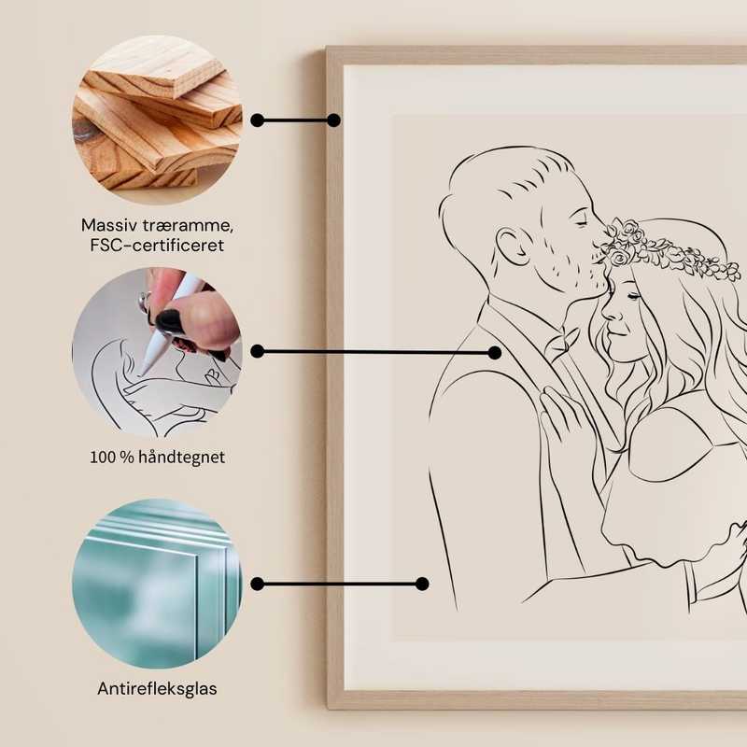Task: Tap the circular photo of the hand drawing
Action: (157, 351)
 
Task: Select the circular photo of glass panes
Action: (157, 584)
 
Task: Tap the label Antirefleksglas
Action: (157, 689)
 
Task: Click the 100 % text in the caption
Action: (110, 458)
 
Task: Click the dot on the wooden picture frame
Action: (333, 120)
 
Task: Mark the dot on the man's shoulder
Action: (494, 352)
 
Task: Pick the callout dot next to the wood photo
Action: (258, 120)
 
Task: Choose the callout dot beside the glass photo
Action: (258, 584)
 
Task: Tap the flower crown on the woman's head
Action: (658, 246)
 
